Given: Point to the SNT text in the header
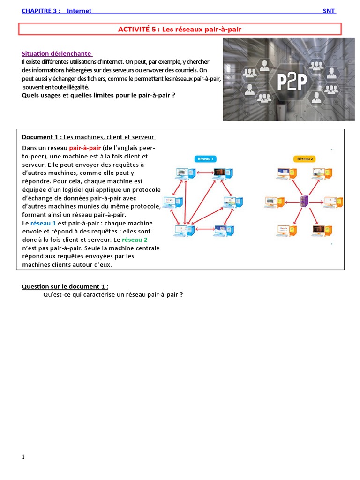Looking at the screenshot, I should [329, 11].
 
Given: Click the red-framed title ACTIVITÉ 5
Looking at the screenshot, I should [180, 30].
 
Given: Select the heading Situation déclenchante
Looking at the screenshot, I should [57, 53].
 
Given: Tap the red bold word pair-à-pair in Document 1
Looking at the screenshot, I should [85, 148].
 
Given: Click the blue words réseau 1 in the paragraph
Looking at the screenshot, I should [43, 223].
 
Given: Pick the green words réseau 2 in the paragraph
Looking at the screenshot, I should [135, 240].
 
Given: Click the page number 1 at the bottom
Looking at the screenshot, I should [23, 457].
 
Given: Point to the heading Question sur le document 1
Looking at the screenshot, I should [65, 286].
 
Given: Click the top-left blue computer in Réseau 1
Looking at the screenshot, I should [185, 174].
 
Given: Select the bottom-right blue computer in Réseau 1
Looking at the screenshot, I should [224, 230].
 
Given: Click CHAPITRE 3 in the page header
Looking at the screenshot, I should [41, 11].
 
